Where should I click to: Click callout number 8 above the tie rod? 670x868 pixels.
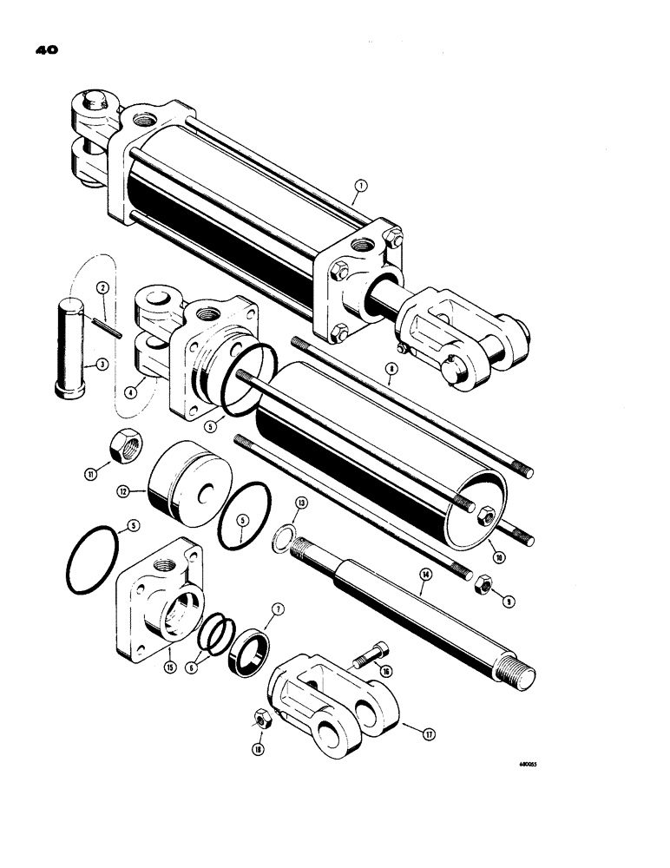tap(391, 368)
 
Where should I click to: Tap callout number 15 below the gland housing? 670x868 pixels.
tap(170, 667)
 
